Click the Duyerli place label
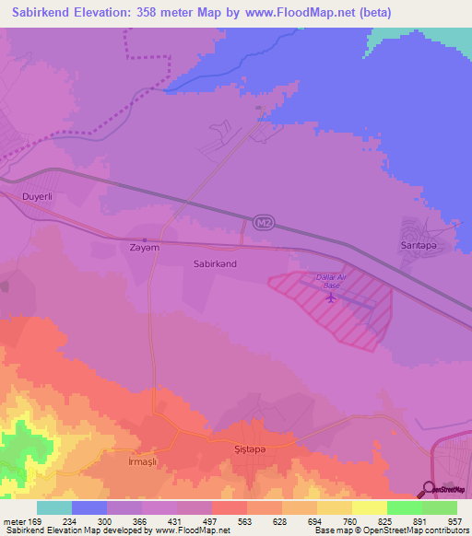pos(38,197)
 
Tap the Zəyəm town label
pos(145,248)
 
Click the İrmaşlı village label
pos(144,456)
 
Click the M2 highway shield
pos(262,222)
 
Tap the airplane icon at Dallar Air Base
pos(331,297)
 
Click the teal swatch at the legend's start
pos(54,507)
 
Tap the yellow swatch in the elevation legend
pos(369,507)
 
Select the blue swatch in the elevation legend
pos(89,507)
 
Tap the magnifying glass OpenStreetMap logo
pos(430,490)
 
